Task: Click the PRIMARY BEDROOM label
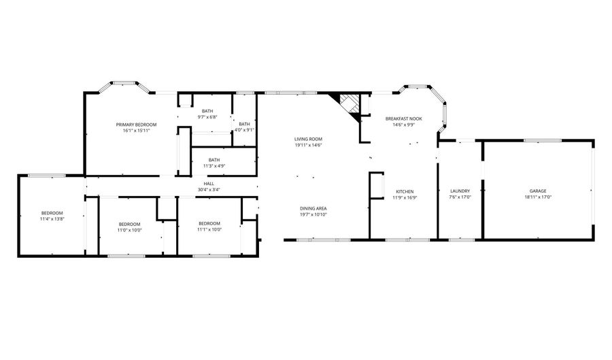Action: tap(136, 125)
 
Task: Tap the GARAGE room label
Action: tap(538, 191)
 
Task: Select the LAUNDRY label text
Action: tap(460, 191)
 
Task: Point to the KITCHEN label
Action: tap(405, 192)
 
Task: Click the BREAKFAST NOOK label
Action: tap(403, 118)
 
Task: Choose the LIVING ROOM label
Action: tap(308, 139)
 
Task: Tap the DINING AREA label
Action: tap(313, 208)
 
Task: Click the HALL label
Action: tap(209, 184)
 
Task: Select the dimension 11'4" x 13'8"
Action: tap(52, 219)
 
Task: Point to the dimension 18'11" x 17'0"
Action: tap(538, 197)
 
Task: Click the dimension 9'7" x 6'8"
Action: tap(207, 117)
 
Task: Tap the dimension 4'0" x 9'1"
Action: tap(244, 130)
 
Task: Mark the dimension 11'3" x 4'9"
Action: tap(214, 166)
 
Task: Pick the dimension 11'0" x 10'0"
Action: tap(130, 231)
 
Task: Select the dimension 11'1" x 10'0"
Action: tap(209, 229)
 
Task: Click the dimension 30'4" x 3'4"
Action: tap(209, 190)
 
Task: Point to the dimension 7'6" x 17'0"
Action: tap(460, 197)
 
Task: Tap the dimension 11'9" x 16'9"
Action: tap(405, 198)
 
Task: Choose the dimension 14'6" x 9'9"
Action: tap(403, 125)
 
